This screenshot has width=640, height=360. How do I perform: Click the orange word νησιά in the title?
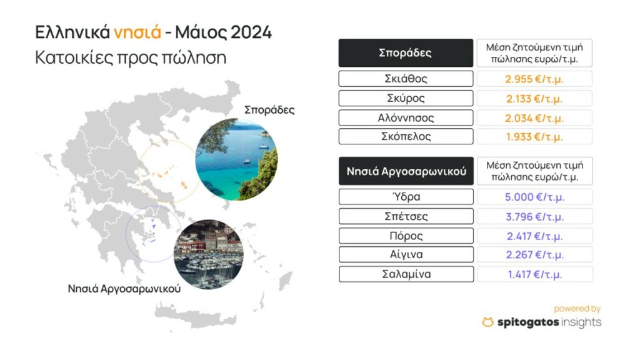[x=137, y=32]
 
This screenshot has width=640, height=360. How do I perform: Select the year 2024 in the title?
[x=251, y=32]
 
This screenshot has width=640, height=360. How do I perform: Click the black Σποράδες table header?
[x=406, y=53]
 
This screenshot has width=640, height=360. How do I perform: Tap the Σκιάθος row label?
[x=406, y=79]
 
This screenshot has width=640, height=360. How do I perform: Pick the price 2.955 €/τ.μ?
[x=534, y=79]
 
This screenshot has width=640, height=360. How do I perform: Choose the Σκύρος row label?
[x=406, y=98]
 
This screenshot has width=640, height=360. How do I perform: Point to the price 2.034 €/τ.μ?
[x=534, y=118]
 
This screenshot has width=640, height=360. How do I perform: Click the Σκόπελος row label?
[x=406, y=136]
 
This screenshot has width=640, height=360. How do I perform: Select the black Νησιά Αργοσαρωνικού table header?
[x=406, y=171]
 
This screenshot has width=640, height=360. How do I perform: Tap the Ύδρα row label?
[x=406, y=197]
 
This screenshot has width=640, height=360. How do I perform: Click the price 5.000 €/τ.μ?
[x=535, y=197]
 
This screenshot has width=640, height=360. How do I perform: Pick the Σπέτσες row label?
[x=406, y=216]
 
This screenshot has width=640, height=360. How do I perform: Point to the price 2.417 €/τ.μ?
[x=535, y=236]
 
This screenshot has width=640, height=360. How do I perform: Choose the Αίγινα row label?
[x=406, y=254]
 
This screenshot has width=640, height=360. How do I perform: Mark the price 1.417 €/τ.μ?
[x=535, y=274]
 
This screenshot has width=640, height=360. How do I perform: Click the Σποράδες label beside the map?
[x=269, y=110]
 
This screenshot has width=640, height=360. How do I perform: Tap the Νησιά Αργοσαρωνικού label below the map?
[x=124, y=289]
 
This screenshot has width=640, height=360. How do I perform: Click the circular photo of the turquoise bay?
[x=236, y=159]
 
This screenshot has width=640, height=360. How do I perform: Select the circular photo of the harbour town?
[x=209, y=254]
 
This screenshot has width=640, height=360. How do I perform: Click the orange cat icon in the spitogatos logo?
[x=487, y=322]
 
